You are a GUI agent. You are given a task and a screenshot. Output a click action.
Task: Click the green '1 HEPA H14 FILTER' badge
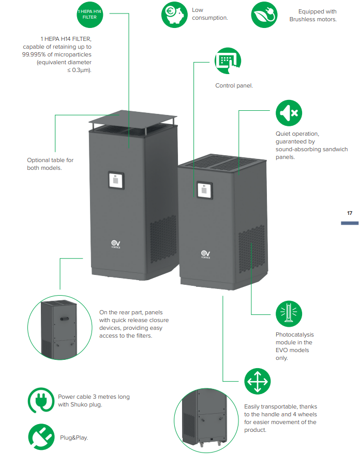90,14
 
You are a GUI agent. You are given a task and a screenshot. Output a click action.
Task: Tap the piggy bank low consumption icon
174,14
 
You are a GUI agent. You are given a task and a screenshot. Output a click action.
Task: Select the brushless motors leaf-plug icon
264,14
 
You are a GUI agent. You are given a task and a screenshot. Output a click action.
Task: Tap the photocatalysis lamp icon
289,313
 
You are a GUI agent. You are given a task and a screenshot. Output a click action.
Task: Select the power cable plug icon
41,400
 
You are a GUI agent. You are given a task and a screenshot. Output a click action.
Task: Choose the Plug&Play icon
41,437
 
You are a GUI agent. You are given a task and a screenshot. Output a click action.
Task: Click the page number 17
350,213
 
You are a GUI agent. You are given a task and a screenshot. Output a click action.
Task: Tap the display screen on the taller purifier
116,181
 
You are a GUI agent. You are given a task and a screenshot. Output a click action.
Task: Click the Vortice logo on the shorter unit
205,255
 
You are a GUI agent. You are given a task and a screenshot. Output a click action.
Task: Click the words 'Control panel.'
234,85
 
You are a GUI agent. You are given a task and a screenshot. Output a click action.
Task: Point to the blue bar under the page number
350,223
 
